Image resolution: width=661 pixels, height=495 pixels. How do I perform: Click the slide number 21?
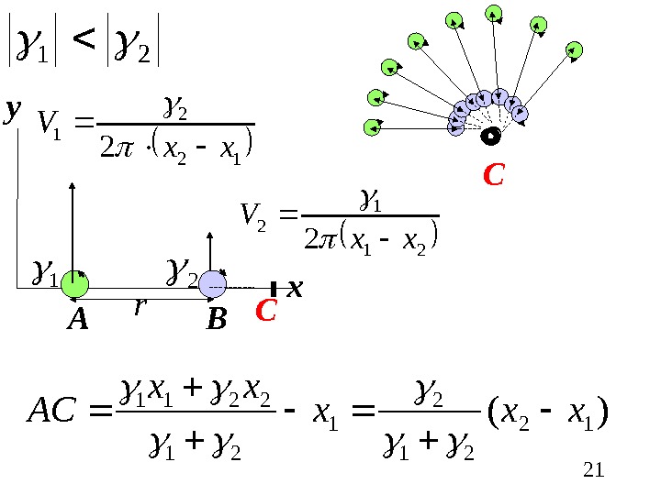click(x=594, y=471)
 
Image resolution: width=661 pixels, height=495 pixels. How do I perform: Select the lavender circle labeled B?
click(x=213, y=285)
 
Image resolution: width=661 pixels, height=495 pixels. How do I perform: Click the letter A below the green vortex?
click(x=77, y=320)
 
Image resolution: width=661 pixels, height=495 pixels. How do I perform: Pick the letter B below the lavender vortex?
click(x=216, y=320)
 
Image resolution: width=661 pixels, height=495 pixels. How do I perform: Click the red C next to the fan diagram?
click(x=494, y=174)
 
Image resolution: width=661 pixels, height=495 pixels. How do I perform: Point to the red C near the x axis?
click(x=265, y=312)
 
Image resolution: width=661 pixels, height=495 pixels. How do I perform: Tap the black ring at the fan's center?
click(x=490, y=137)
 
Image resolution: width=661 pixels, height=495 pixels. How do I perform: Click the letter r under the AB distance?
click(x=140, y=308)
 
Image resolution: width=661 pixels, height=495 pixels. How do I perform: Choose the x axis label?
click(x=294, y=290)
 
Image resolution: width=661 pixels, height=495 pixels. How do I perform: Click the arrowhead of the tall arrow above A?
click(x=72, y=188)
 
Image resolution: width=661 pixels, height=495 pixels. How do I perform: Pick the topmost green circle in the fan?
click(x=494, y=13)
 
